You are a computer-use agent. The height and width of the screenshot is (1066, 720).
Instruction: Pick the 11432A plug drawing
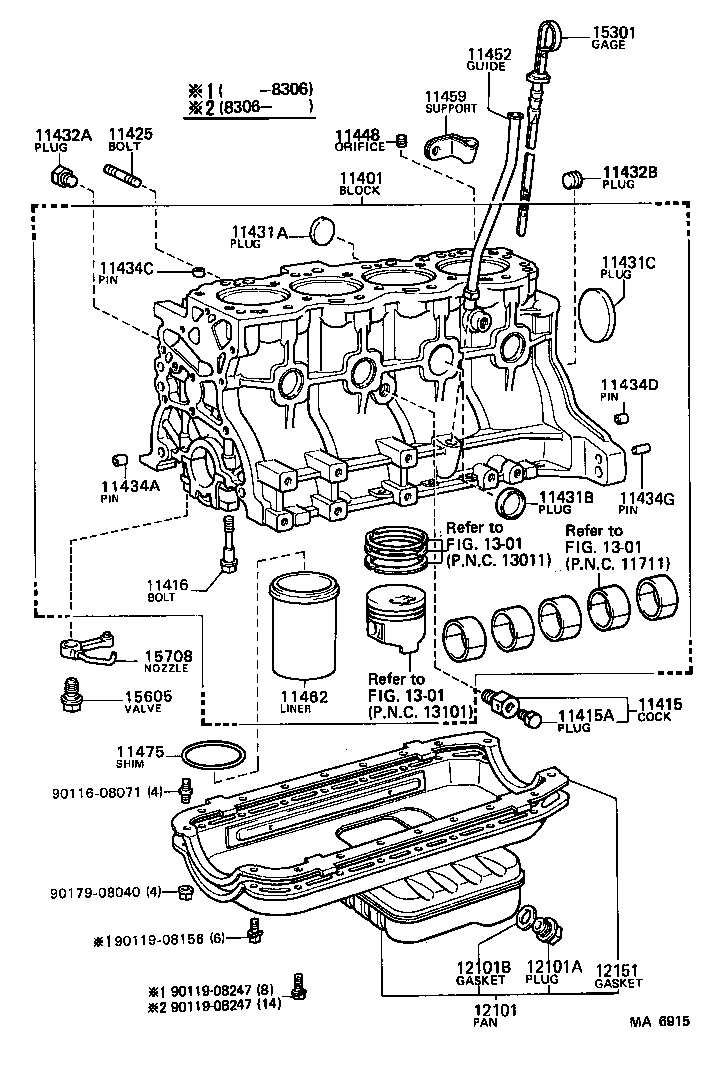point(61,179)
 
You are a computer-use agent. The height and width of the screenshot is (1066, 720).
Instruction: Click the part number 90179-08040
point(95,891)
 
